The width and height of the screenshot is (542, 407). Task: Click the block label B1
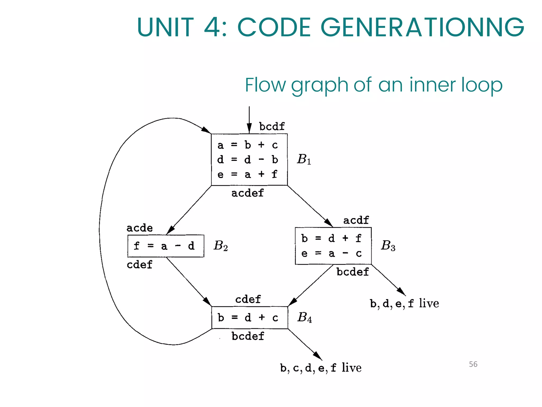304,160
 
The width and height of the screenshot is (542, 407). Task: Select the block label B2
220,246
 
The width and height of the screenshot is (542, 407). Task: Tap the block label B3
388,246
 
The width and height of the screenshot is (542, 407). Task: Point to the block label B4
304,317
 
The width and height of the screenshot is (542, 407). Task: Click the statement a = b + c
247,145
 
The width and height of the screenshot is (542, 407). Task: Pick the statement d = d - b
247,160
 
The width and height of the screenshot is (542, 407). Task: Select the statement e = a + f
247,175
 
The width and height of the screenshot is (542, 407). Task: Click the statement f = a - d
164,246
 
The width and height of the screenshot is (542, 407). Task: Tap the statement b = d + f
331,238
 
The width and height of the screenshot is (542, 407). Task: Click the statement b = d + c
248,317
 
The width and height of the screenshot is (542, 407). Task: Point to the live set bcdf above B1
272,127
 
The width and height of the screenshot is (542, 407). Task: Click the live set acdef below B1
247,193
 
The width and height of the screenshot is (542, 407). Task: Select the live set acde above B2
139,228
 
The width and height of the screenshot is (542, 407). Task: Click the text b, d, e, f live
404,304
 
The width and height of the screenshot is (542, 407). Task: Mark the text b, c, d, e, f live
321,368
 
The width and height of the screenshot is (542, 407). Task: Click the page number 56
473,364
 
